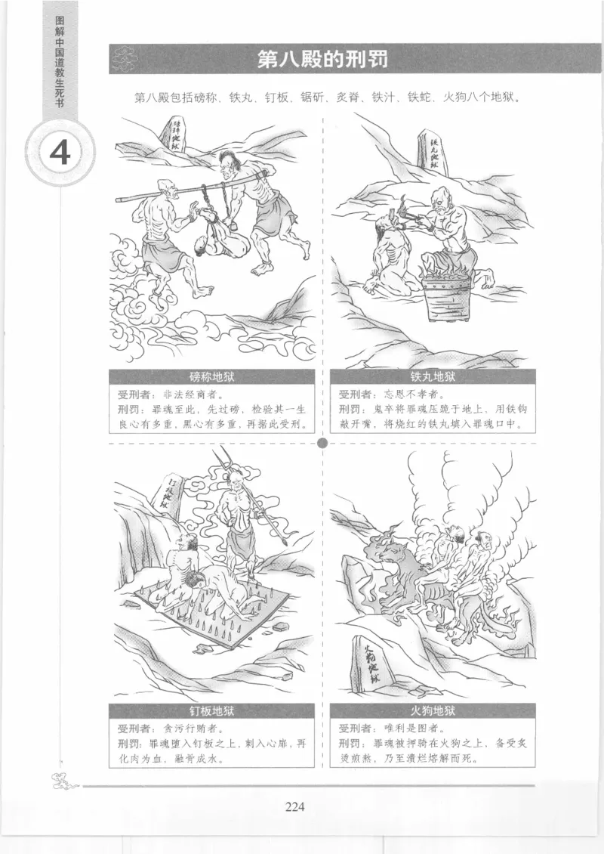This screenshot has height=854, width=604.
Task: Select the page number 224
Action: tap(294, 806)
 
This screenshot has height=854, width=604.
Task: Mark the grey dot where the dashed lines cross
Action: tap(323, 443)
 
